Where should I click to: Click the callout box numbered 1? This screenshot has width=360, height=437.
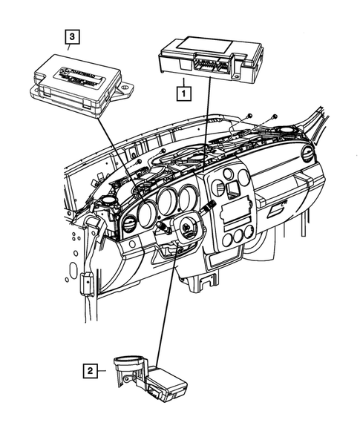tap(180, 93)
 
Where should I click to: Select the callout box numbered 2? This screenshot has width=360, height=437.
tap(89, 369)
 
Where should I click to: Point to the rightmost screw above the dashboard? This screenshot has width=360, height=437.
tap(275, 116)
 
